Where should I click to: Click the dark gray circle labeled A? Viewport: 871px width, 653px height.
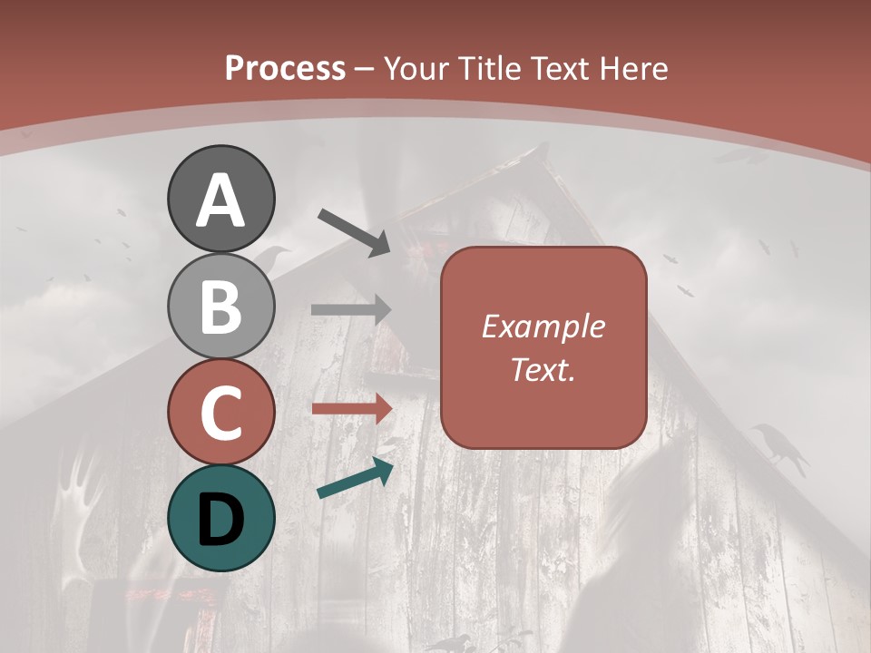click(x=220, y=199)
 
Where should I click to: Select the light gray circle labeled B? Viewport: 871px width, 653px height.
click(x=220, y=306)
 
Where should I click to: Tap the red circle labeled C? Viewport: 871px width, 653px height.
click(x=220, y=412)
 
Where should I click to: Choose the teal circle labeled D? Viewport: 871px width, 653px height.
click(x=220, y=518)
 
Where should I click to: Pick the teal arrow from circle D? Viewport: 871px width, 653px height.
click(x=355, y=478)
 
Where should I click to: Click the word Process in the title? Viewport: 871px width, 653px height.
click(x=285, y=68)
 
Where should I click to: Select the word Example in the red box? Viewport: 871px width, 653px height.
click(x=543, y=326)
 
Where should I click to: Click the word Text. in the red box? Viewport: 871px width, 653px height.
click(x=543, y=369)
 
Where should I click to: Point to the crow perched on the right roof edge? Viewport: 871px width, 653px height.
click(x=778, y=447)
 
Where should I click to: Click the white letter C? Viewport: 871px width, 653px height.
click(x=220, y=413)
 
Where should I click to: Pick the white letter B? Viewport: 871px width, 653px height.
click(x=220, y=307)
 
